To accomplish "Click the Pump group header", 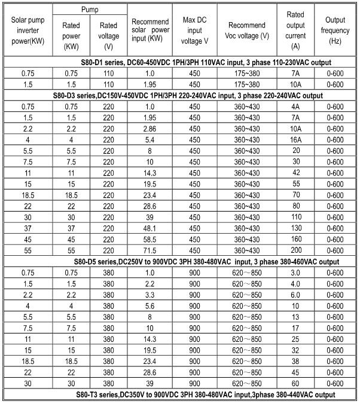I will pos(90,10).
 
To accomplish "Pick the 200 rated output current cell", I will pos(295,250).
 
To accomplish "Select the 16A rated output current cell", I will pos(295,140).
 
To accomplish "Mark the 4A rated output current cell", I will pos(295,106).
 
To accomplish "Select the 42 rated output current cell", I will pos(295,173).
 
